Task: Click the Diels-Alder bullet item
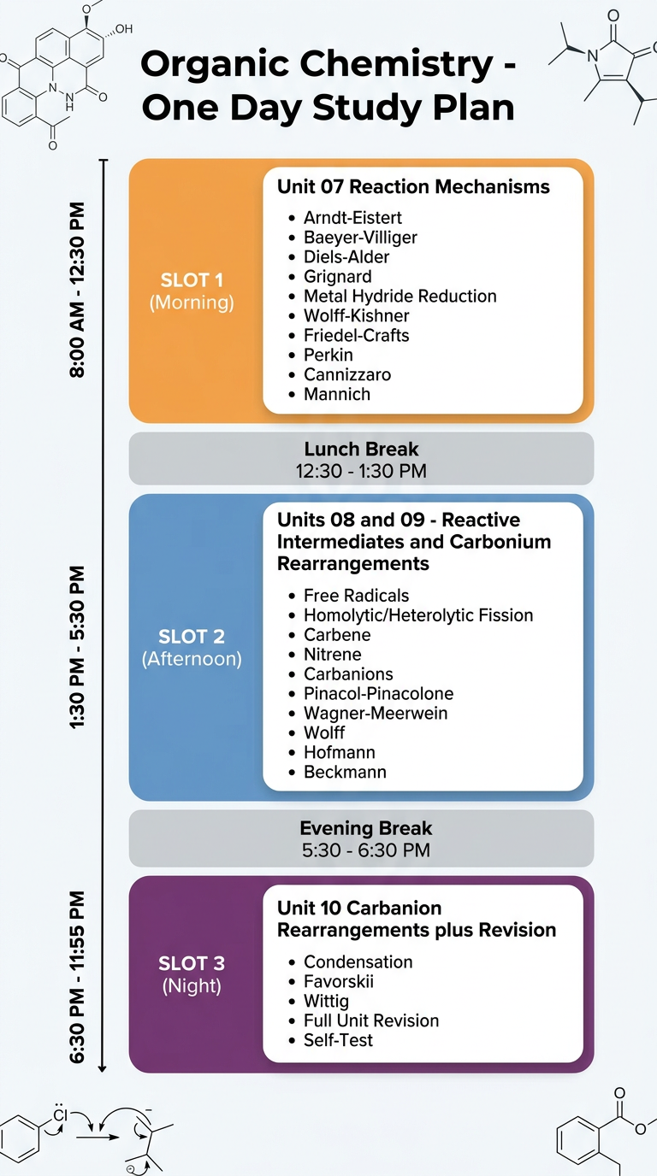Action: [346, 256]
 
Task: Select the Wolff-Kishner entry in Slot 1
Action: [357, 315]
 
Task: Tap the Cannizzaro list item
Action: [347, 374]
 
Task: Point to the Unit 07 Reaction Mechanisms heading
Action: [413, 186]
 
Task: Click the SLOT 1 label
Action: [192, 279]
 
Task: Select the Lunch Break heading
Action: [362, 449]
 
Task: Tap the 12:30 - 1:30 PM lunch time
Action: [361, 471]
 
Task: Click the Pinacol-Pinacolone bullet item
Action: [378, 693]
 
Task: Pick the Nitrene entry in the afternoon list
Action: [333, 654]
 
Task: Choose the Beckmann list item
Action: [345, 772]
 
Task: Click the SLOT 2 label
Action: [192, 637]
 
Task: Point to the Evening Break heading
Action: [366, 828]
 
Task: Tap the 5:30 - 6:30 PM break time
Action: [366, 850]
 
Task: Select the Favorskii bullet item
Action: [339, 981]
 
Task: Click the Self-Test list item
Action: [338, 1040]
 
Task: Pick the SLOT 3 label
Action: [192, 963]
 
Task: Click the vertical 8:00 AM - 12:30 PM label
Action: [77, 290]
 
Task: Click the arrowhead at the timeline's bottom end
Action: [103, 1068]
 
